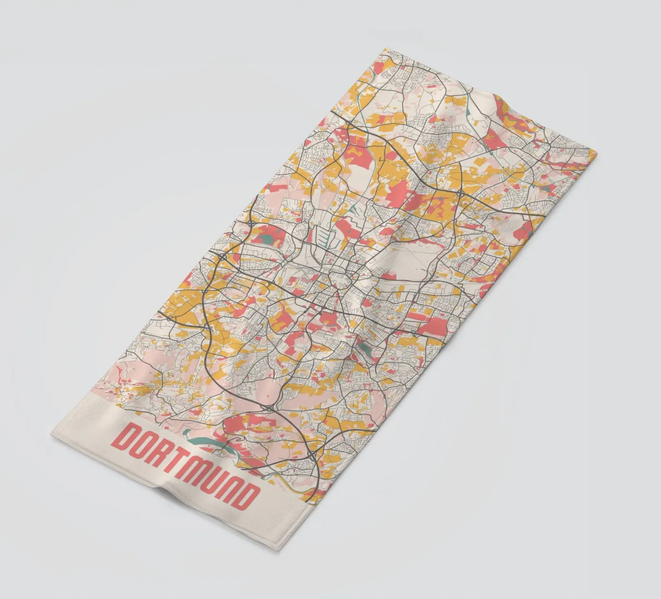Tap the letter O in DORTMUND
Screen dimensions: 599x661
(144, 446)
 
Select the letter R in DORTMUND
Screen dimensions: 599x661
(163, 454)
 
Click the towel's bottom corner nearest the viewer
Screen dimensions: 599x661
(278, 549)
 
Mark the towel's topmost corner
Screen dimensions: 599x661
(385, 48)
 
